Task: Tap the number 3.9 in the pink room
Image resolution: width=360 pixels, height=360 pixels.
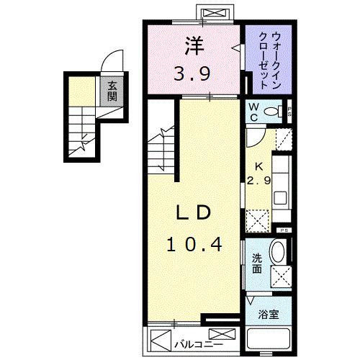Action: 194,72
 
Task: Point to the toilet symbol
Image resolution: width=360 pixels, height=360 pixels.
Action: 273,111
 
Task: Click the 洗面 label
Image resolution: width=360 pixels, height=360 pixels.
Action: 257,264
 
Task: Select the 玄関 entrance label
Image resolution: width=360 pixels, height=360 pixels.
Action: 112,91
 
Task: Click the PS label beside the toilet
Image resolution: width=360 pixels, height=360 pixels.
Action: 289,111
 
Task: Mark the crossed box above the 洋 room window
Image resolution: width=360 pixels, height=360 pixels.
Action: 214,14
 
